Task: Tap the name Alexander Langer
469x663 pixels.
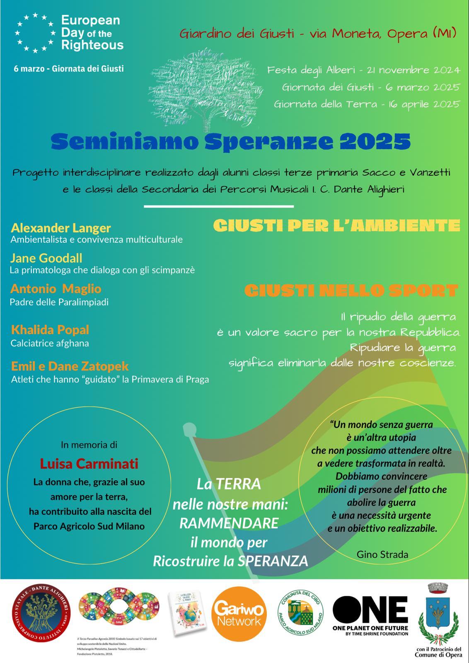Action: tap(60, 228)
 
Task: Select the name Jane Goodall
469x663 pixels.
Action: tap(46, 258)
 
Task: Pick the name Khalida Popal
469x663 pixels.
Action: tap(50, 330)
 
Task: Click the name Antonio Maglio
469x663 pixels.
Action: tap(56, 289)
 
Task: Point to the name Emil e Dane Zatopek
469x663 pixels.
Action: tap(70, 366)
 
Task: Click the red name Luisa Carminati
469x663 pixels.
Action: tap(89, 463)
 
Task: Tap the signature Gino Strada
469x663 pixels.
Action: tap(382, 554)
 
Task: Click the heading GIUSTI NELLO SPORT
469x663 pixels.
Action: tap(351, 290)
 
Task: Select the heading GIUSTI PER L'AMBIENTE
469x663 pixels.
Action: tap(336, 226)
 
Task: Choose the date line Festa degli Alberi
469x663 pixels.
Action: tap(363, 70)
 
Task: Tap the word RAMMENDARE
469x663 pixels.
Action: tap(229, 523)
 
